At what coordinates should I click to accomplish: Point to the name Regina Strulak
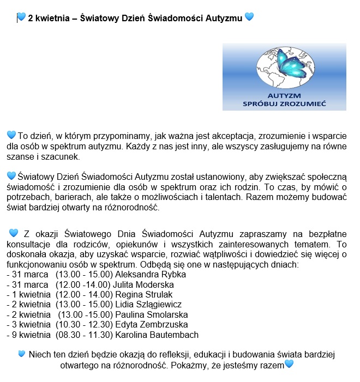click(143, 295)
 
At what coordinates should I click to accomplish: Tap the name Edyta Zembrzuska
click(153, 325)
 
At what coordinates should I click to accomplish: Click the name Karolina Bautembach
click(157, 335)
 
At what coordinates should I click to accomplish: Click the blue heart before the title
click(21, 17)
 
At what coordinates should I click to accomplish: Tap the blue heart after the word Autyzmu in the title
click(249, 17)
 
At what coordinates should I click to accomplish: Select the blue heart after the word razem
click(289, 363)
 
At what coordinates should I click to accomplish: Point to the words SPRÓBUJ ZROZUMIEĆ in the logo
click(285, 103)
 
